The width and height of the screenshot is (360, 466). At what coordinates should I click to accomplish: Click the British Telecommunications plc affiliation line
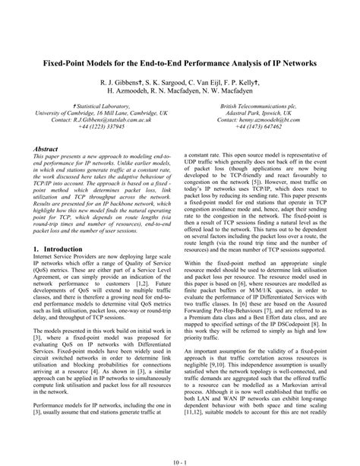tap(261, 106)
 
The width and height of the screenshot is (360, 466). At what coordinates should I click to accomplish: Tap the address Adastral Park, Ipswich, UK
tap(261, 113)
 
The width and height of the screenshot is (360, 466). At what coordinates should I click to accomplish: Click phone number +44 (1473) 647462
tap(261, 128)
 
